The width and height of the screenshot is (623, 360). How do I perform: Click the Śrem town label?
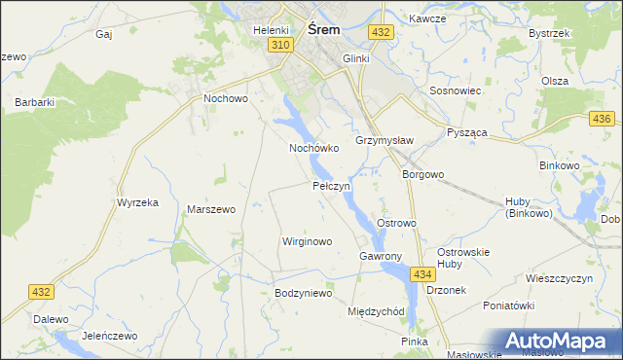pyautogui.click(x=323, y=29)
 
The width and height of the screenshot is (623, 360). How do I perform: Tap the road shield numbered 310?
pyautogui.click(x=280, y=46)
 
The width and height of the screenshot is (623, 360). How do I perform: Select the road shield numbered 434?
pyautogui.click(x=421, y=275)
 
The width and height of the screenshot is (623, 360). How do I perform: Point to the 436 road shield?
pyautogui.click(x=601, y=119)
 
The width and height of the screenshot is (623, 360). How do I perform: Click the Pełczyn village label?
pyautogui.click(x=331, y=185)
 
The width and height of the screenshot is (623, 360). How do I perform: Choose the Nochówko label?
pyautogui.click(x=313, y=149)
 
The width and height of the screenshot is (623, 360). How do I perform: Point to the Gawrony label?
pyautogui.click(x=380, y=256)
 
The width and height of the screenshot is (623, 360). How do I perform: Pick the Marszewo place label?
pyautogui.click(x=211, y=209)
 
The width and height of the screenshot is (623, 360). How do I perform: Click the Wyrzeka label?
pyautogui.click(x=137, y=202)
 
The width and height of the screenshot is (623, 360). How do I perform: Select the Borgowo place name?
pyautogui.click(x=423, y=175)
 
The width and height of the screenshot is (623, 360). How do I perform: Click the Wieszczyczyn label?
pyautogui.click(x=559, y=278)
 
